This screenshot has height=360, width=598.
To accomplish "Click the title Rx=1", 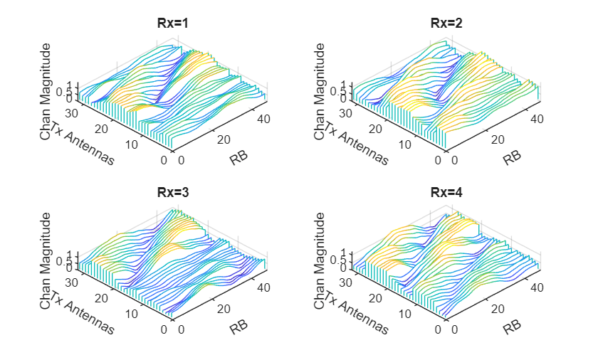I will (172, 23).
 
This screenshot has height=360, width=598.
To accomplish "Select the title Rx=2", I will (446, 23).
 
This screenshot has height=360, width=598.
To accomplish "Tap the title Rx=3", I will (172, 193).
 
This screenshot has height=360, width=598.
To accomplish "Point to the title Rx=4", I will (446, 193).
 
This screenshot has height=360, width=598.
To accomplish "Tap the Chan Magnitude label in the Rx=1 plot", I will (46, 90).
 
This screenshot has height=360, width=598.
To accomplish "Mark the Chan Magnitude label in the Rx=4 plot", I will (320, 260).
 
